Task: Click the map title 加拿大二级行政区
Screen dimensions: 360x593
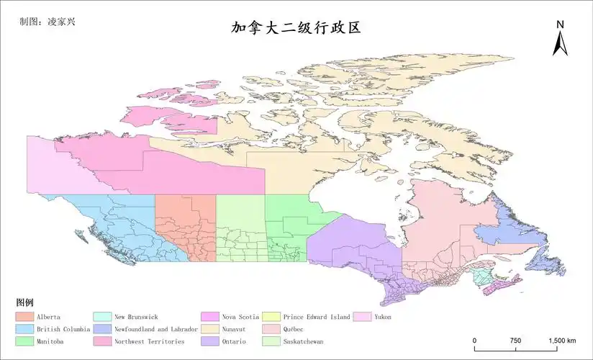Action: pos(295,28)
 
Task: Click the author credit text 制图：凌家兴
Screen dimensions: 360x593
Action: pos(48,21)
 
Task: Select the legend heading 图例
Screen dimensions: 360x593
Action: pos(24,302)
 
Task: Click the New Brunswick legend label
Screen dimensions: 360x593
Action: pos(136,317)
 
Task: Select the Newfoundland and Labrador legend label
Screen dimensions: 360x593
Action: pos(156,329)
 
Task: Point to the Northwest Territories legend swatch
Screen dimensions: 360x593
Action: pos(103,341)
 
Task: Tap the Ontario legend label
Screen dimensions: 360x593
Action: pos(235,341)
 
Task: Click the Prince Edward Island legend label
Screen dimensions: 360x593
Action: pos(317,317)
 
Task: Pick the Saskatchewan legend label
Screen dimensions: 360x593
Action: pos(303,341)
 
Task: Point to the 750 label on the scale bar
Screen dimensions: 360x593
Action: pos(515,341)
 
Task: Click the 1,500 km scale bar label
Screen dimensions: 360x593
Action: pos(562,341)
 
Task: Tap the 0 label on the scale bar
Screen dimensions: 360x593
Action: pos(474,341)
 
